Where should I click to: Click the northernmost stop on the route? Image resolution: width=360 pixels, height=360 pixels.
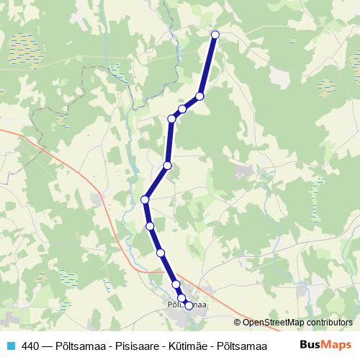[x=215, y=35]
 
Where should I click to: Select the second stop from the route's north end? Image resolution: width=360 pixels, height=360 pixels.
[x=199, y=96]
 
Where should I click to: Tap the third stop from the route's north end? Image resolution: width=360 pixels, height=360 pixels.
[x=183, y=109]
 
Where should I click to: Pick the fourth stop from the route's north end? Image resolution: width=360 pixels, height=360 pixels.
[x=171, y=119]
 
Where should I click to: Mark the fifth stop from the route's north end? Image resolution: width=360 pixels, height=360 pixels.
[x=167, y=166]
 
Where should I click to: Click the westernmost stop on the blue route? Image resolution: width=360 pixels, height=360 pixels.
[x=145, y=199]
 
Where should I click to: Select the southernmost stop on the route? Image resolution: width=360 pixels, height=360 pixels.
[x=189, y=305]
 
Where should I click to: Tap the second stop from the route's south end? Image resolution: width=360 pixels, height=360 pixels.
[x=181, y=298]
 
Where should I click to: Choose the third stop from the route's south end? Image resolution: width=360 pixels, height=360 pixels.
[x=176, y=284]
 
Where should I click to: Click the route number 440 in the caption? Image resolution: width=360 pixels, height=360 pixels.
[x=30, y=346]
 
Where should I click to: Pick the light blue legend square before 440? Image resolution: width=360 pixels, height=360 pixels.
[x=10, y=346]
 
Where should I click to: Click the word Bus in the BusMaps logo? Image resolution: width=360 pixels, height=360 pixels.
[x=309, y=345]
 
